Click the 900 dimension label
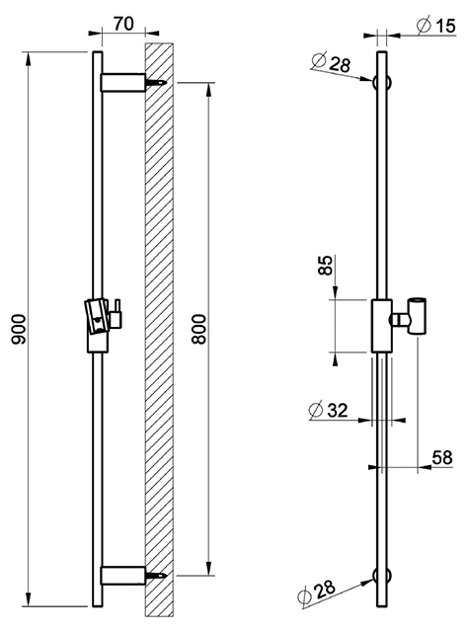pyautogui.click(x=20, y=329)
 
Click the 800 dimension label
pyautogui.click(x=198, y=329)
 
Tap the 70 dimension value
pyautogui.click(x=123, y=24)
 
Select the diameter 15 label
pyautogui.click(x=436, y=25)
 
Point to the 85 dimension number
pyautogui.click(x=326, y=265)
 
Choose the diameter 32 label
pyautogui.click(x=328, y=411)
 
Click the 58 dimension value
pyautogui.click(x=442, y=457)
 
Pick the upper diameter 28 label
pyautogui.click(x=332, y=62)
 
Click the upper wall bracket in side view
pyautogui.click(x=123, y=83)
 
